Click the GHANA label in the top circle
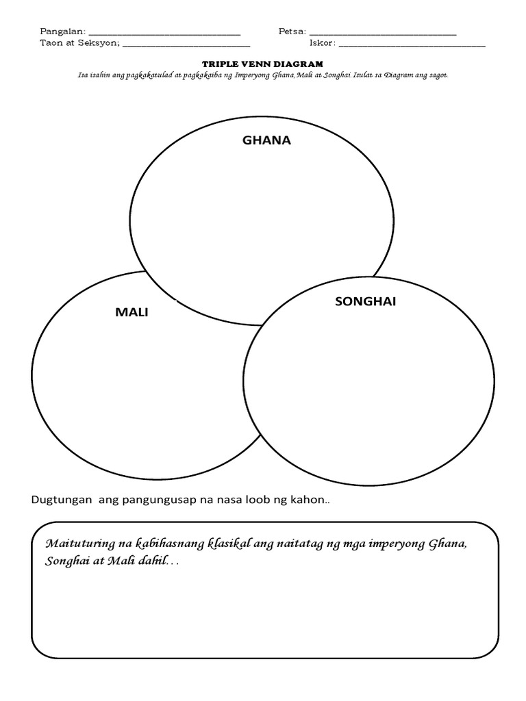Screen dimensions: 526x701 click(266, 140)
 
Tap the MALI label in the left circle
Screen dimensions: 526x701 click(131, 313)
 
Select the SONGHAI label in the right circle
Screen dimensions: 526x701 click(366, 302)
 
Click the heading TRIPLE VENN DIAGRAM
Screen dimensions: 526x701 click(263, 63)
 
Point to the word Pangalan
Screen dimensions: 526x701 click(62, 31)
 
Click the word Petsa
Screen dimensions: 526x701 click(292, 31)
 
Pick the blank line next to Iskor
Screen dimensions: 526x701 click(412, 46)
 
